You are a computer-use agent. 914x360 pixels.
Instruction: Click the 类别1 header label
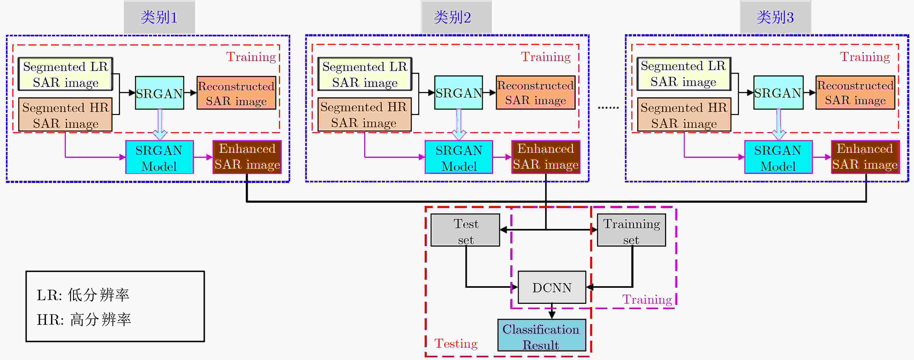(x=159, y=17)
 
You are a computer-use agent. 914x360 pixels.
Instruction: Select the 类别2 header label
(x=452, y=17)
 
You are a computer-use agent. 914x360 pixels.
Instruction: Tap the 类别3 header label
(x=775, y=17)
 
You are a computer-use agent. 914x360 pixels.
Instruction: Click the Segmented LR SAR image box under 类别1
(x=66, y=74)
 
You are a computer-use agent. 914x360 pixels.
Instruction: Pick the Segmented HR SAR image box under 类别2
(x=364, y=115)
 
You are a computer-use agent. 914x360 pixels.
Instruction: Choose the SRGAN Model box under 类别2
(x=459, y=157)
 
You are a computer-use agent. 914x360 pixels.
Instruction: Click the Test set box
(x=465, y=230)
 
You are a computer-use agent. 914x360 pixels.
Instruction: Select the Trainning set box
(x=632, y=230)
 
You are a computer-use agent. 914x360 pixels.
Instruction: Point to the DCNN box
(x=552, y=287)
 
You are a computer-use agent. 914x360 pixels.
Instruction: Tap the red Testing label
(x=456, y=343)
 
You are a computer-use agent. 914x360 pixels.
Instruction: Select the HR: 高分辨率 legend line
(x=84, y=320)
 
